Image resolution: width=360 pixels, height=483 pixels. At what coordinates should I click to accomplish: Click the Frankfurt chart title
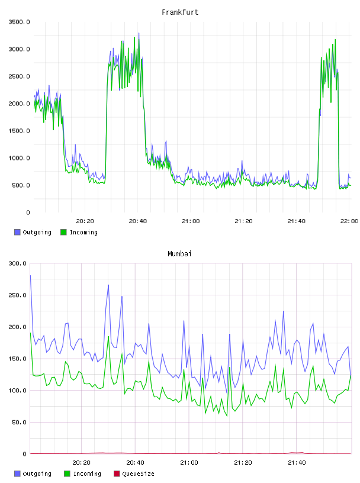[x=180, y=12]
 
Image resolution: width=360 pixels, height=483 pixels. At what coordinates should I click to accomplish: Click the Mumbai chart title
[x=179, y=254]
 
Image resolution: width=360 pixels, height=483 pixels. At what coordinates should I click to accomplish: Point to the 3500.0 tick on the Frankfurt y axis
[x=20, y=22]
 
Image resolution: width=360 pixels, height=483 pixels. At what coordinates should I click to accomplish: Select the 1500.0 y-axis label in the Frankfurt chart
[x=20, y=131]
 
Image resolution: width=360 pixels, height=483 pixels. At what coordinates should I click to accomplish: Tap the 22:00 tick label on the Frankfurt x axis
[x=349, y=221]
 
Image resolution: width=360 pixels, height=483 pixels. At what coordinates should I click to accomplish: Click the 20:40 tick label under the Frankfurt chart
[x=138, y=221]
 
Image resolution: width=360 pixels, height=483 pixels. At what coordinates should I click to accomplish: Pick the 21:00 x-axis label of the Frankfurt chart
[x=191, y=221]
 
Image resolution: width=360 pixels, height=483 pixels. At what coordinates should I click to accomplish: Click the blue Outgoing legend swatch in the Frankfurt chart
[x=17, y=232]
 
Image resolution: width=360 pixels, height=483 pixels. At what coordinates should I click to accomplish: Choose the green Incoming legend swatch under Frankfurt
[x=63, y=232]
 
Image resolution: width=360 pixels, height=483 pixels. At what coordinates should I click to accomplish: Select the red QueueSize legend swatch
[x=117, y=474]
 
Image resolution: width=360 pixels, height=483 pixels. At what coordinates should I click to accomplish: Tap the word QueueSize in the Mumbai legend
[x=138, y=474]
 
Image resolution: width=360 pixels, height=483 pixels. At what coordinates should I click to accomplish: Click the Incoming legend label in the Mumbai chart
[x=87, y=474]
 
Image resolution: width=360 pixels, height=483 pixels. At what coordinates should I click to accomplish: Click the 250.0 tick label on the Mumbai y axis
[x=18, y=295]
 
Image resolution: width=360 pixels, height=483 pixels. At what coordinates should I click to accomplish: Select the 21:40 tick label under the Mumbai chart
[x=297, y=463]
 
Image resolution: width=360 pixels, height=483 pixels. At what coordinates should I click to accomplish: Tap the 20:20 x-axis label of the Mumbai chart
[x=81, y=463]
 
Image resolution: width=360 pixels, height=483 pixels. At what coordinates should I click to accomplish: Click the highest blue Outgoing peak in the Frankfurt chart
[x=139, y=33]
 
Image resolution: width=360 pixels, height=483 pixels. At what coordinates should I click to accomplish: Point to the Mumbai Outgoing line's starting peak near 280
[x=30, y=275]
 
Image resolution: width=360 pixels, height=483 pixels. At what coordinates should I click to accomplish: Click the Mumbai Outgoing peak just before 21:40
[x=284, y=311]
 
